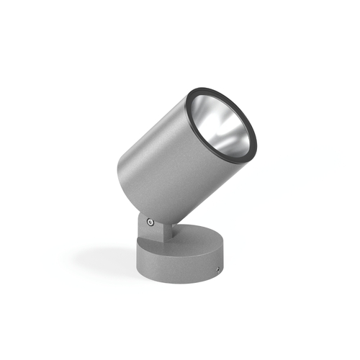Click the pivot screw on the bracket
pyautogui.click(x=149, y=222)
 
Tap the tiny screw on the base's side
pyautogui.click(x=218, y=269)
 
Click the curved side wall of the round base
pyautogui.click(x=180, y=266)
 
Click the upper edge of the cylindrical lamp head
pyautogui.click(x=158, y=108)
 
